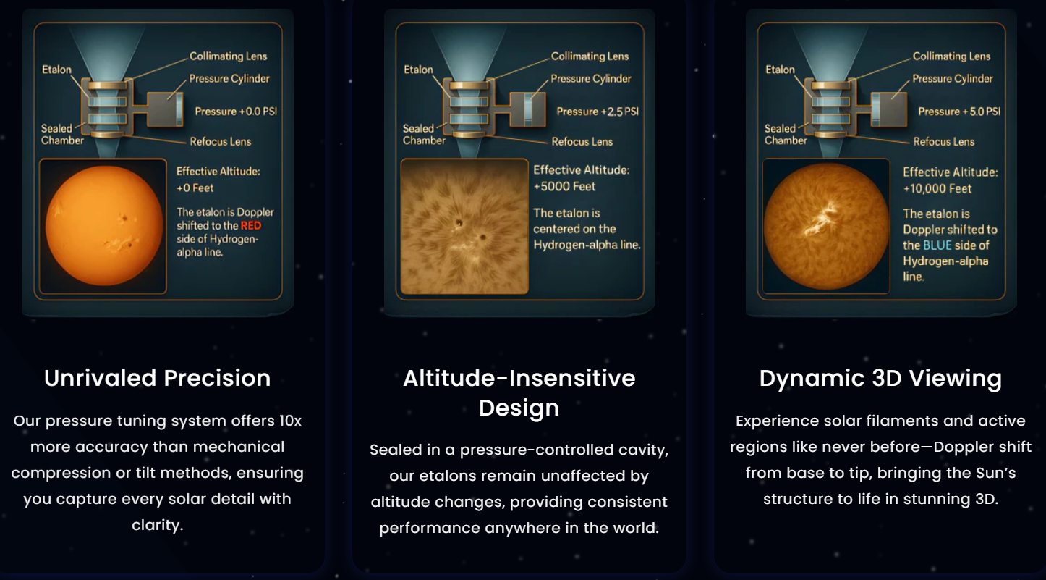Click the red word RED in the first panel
click(x=251, y=226)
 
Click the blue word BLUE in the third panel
click(x=937, y=245)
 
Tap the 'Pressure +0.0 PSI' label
click(x=236, y=112)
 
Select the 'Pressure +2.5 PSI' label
click(x=598, y=112)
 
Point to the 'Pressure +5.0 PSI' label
click(x=960, y=112)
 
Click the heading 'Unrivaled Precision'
click(x=158, y=378)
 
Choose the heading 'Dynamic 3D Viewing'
click(x=880, y=379)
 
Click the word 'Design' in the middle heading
click(x=519, y=408)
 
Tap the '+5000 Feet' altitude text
click(x=564, y=187)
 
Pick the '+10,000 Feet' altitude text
click(x=937, y=189)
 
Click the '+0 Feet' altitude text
click(x=195, y=188)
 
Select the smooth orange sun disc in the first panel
click(x=104, y=226)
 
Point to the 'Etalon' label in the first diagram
click(x=57, y=70)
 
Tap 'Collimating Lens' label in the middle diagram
click(x=590, y=56)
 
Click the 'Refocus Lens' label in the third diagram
click(x=944, y=142)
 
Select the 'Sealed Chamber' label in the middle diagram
click(x=424, y=134)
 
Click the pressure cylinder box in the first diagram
click(x=165, y=110)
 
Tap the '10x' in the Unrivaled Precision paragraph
click(x=291, y=421)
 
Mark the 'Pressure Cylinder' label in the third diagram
click(x=953, y=78)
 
